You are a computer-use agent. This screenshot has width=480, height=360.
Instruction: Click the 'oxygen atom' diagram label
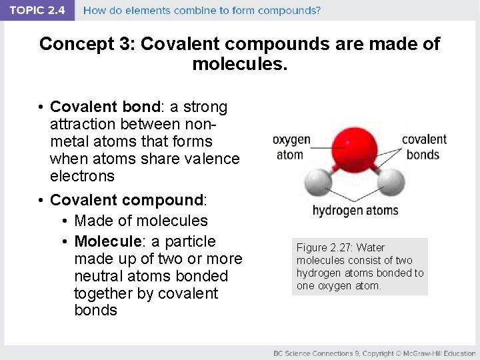[x=291, y=147]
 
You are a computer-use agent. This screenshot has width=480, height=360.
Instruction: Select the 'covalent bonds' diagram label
[x=424, y=147]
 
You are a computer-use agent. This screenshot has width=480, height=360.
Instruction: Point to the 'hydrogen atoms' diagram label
[x=355, y=211]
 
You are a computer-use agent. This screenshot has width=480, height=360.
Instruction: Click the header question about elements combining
[x=201, y=11]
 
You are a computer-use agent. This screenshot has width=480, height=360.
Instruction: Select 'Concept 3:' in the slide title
[x=87, y=45]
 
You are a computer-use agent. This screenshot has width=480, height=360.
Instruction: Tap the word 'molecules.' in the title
[x=240, y=65]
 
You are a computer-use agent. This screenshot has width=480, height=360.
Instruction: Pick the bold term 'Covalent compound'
[x=127, y=200]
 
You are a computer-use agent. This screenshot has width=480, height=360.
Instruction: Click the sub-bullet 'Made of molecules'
[x=141, y=221]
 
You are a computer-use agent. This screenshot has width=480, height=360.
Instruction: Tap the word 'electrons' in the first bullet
[x=82, y=176]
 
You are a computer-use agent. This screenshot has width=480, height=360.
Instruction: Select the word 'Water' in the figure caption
[x=371, y=247]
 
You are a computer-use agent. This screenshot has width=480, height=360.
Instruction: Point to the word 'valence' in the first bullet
[x=213, y=159]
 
